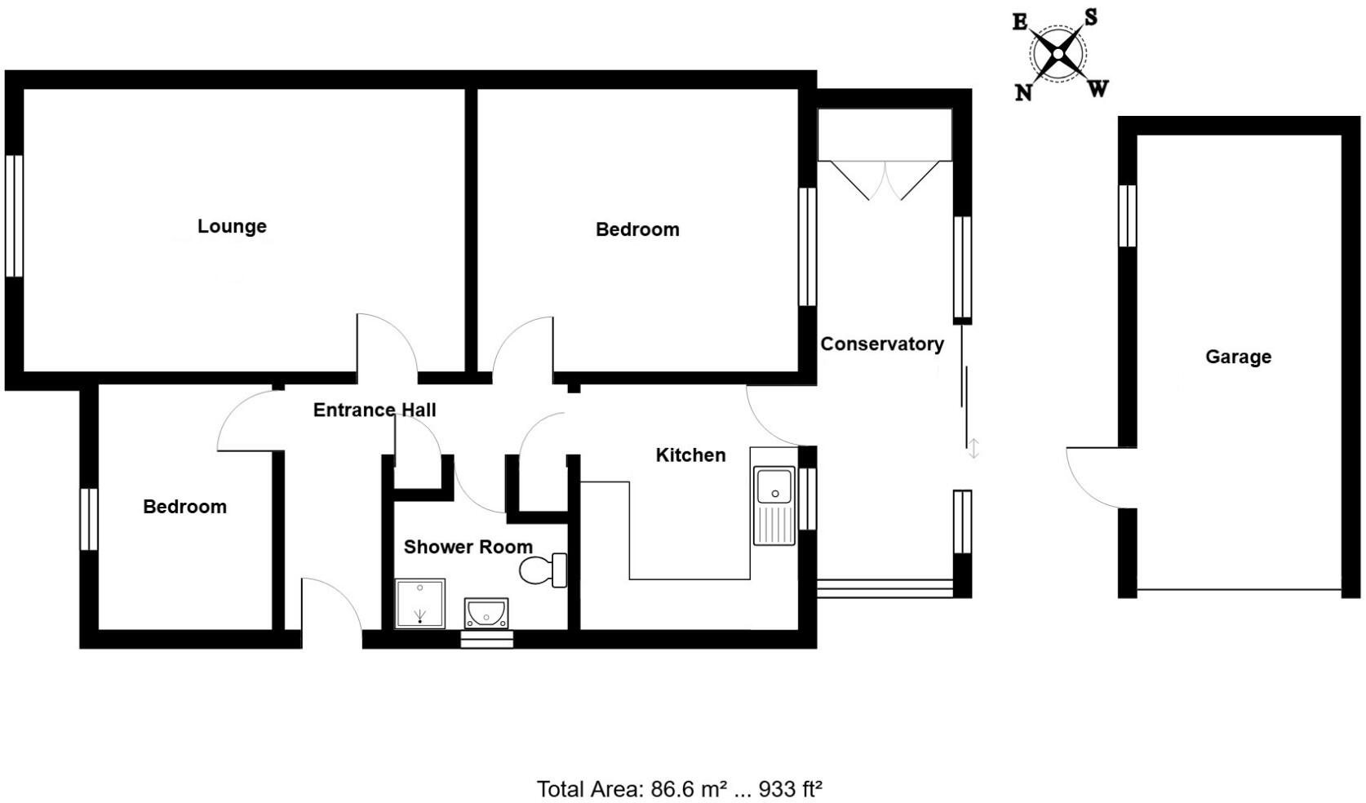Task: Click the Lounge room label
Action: (x=232, y=226)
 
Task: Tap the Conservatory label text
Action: (x=881, y=344)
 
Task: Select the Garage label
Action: (x=1237, y=357)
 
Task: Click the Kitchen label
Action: (x=690, y=455)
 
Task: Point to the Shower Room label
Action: (x=468, y=547)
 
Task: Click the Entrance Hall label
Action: (x=375, y=410)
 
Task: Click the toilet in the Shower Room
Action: (x=543, y=570)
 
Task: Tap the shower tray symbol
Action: (x=420, y=603)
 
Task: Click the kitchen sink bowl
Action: (x=774, y=485)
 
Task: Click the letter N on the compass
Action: (x=1023, y=92)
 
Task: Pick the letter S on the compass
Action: (x=1091, y=17)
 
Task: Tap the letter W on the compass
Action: (x=1098, y=88)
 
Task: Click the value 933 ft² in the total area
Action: (x=790, y=789)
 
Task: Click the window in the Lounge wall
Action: (x=14, y=216)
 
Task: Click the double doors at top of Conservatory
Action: (x=885, y=180)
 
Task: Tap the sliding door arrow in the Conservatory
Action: (x=973, y=448)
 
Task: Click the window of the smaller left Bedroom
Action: (x=88, y=519)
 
